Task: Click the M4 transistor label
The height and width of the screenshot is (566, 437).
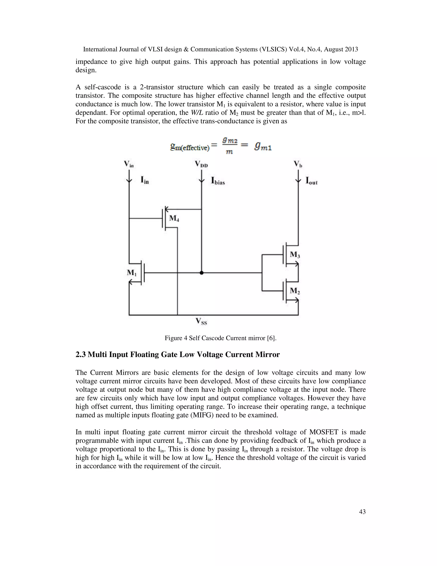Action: coord(174,218)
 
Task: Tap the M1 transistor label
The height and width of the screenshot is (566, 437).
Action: coord(131,273)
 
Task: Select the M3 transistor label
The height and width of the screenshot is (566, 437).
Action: coord(295,255)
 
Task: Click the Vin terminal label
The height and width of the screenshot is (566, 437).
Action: coord(129,164)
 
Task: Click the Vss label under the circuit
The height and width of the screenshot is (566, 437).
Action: coord(201,322)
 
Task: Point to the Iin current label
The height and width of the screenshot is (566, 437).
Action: coord(145,180)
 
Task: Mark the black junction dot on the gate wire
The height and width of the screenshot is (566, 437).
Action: coord(202,273)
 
